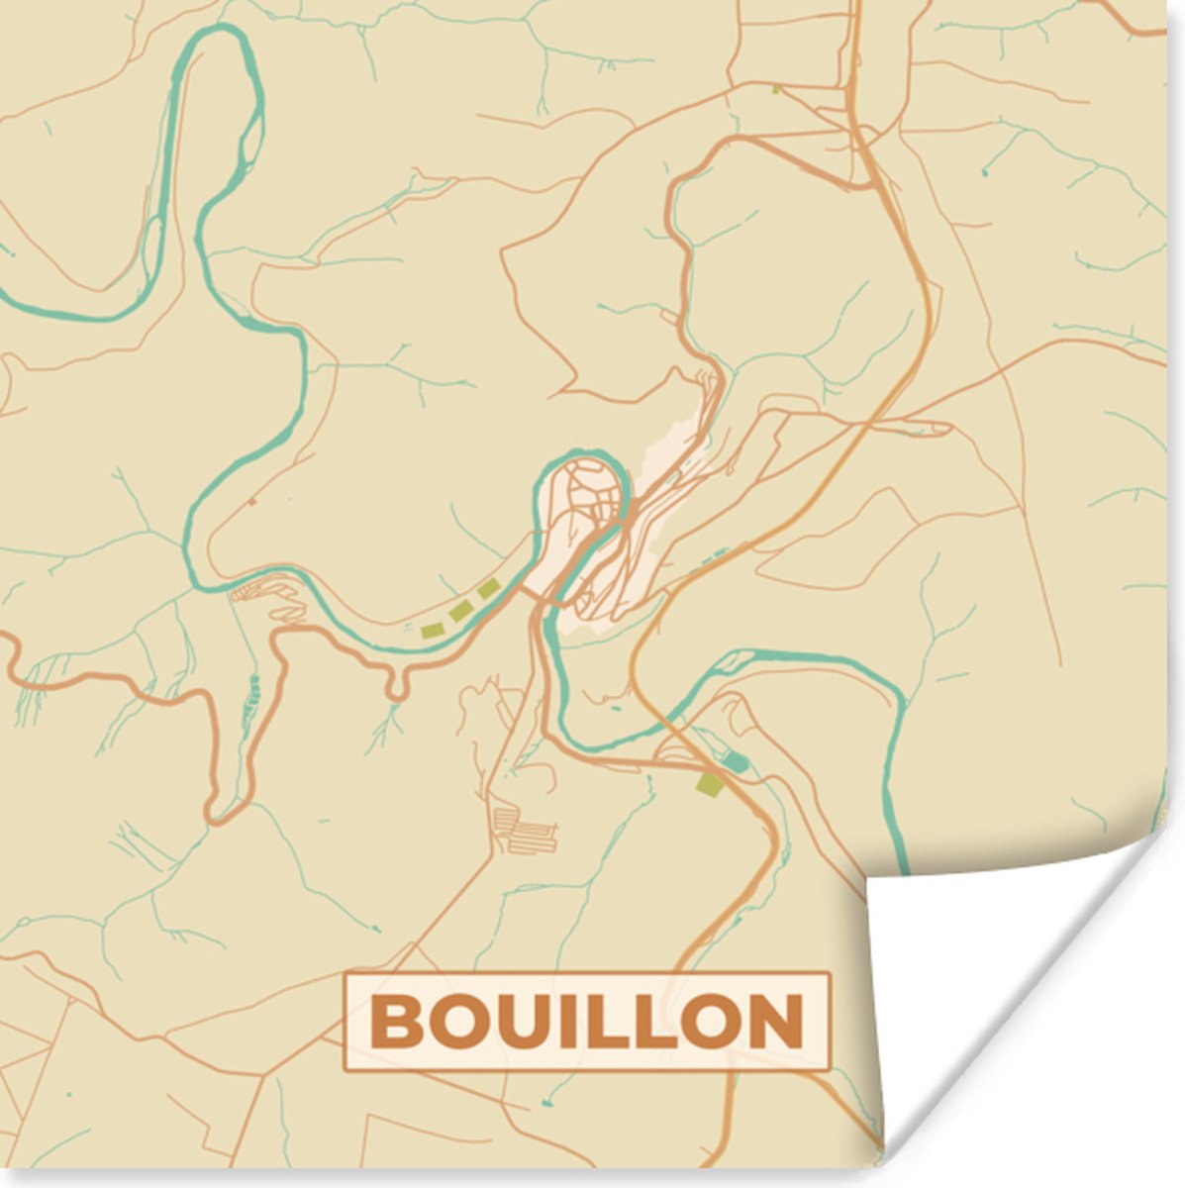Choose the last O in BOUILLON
click(709, 1022)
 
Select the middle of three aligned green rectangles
click(458, 612)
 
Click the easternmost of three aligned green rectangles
click(488, 590)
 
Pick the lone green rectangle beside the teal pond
click(709, 784)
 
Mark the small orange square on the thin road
click(251, 502)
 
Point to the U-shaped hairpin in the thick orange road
click(396, 687)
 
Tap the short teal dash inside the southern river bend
click(616, 707)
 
